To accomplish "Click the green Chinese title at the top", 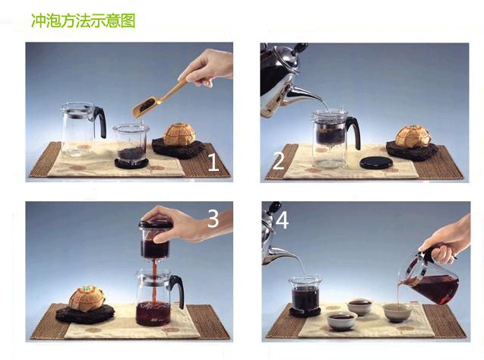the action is (x=84, y=21).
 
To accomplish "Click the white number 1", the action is (x=214, y=163).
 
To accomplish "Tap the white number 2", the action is (x=278, y=161).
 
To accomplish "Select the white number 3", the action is (x=213, y=219).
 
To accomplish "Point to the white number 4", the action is (x=282, y=220).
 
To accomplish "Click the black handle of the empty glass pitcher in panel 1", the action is (x=100, y=122).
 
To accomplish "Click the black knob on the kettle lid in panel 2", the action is (x=299, y=48).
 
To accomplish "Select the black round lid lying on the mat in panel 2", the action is (x=377, y=163).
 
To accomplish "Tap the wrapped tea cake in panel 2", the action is (x=413, y=136).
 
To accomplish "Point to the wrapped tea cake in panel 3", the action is (x=87, y=298).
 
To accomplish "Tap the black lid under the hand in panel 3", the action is (x=156, y=224).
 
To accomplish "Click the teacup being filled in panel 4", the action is (x=397, y=312).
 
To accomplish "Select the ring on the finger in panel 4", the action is (x=454, y=256).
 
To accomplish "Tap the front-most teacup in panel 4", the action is (x=342, y=321).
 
